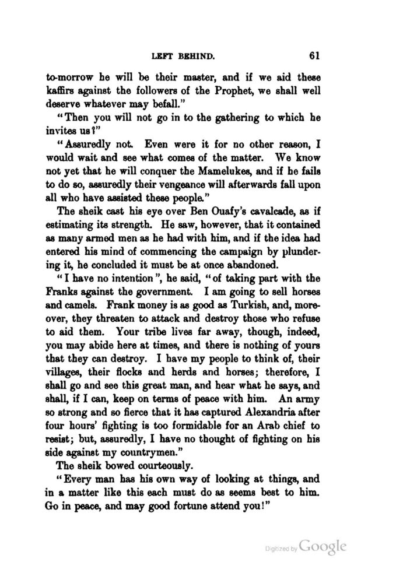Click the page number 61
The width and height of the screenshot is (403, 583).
pyautogui.click(x=315, y=56)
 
